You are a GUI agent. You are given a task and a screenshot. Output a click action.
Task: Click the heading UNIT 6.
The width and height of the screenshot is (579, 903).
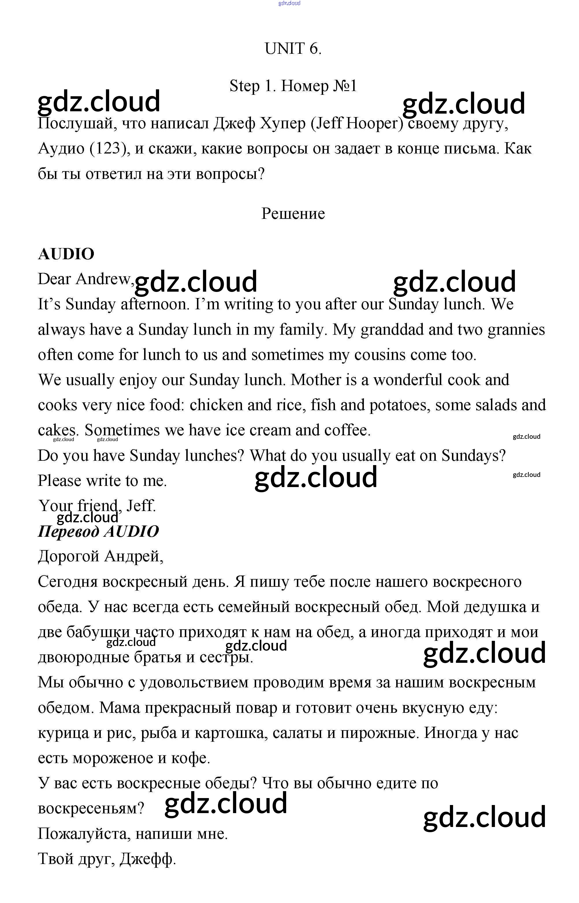point(293,49)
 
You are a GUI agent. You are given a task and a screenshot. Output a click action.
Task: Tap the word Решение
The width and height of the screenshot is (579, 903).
point(293,214)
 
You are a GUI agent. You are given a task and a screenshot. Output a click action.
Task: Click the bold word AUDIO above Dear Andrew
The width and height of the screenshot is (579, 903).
point(66,254)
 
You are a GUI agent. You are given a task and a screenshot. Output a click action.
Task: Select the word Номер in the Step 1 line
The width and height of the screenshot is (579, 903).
point(305,86)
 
